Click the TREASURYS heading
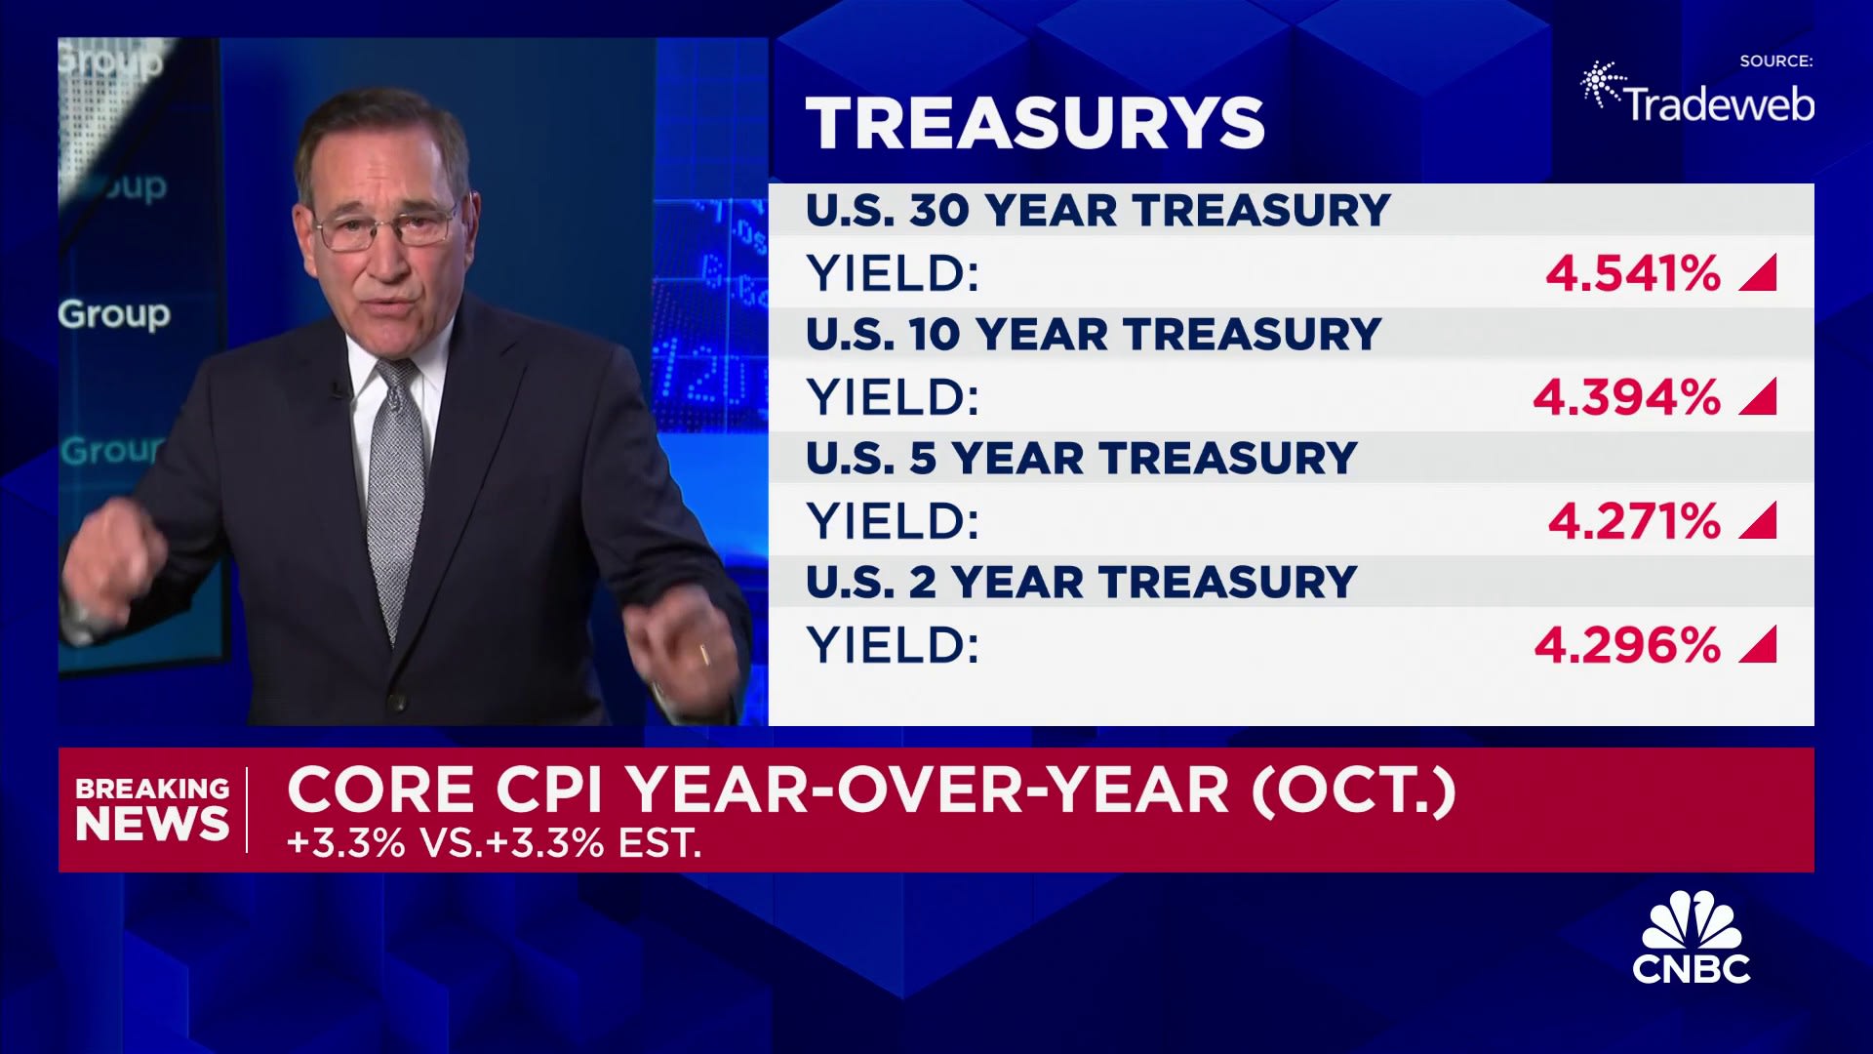pyautogui.click(x=1035, y=123)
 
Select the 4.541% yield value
pyautogui.click(x=1633, y=273)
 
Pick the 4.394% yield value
pyautogui.click(x=1626, y=397)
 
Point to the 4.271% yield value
pyautogui.click(x=1634, y=521)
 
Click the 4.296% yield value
pyautogui.click(x=1627, y=645)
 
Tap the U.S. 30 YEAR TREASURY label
pyautogui.click(x=1097, y=211)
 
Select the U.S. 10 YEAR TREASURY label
pyautogui.click(x=1093, y=335)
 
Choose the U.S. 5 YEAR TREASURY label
pyautogui.click(x=1081, y=459)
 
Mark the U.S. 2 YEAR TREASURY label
pyautogui.click(x=1081, y=583)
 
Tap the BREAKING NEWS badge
pyautogui.click(x=152, y=809)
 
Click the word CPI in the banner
pyautogui.click(x=549, y=790)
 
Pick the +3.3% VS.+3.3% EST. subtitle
pyautogui.click(x=495, y=843)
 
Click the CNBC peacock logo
pyautogui.click(x=1692, y=937)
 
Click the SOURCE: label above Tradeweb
pyautogui.click(x=1776, y=61)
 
